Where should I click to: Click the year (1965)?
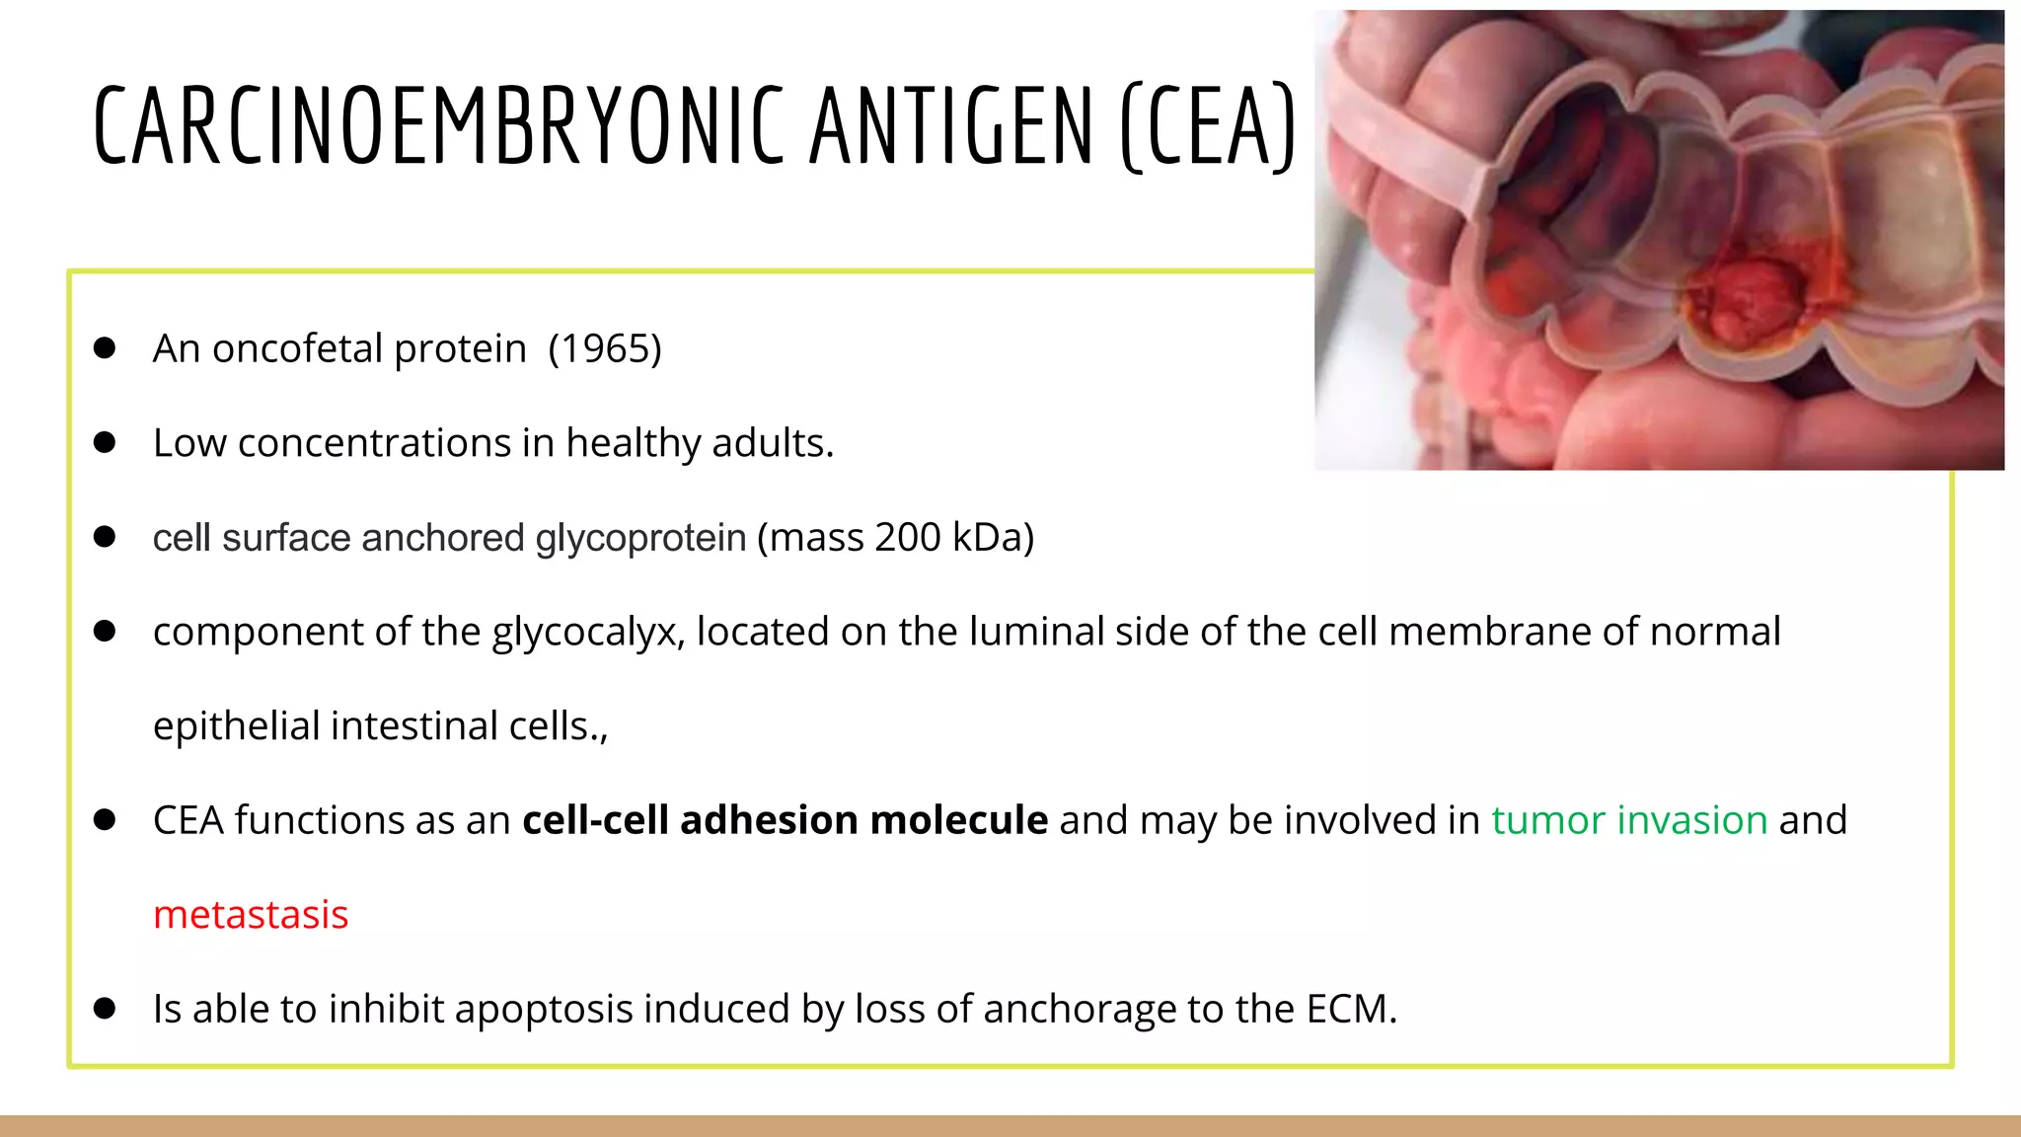pos(605,348)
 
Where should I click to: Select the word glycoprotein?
pos(640,538)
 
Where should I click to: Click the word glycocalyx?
pos(587,633)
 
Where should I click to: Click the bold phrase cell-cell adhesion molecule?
pos(785,820)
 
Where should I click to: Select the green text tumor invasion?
pos(1629,820)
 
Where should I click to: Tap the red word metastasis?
pos(251,915)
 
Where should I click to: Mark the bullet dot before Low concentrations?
pos(105,443)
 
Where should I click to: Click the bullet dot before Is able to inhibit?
pos(105,1009)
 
